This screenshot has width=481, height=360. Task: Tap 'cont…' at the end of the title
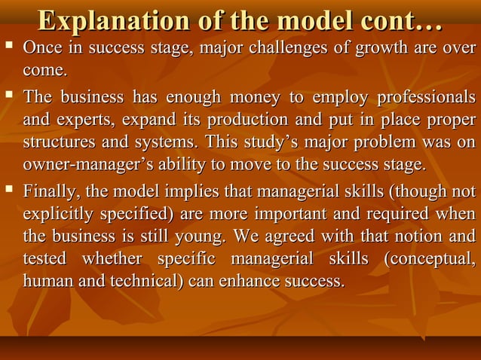405,21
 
